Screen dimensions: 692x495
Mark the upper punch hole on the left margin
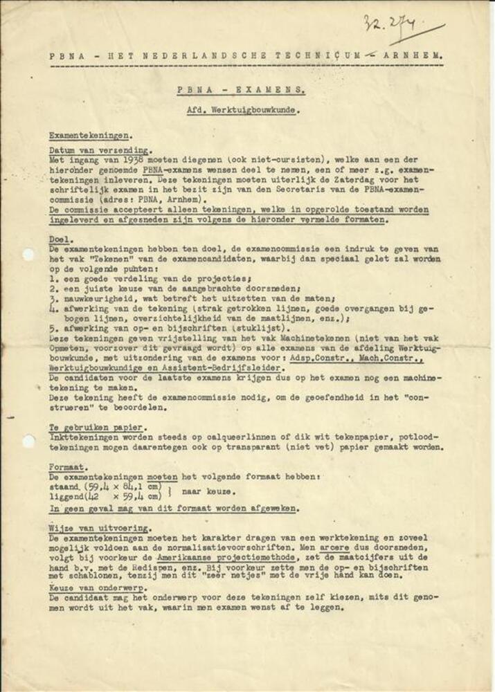pos(27,255)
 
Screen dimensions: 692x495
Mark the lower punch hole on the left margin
pos(28,441)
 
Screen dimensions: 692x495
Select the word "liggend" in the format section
pos(66,497)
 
